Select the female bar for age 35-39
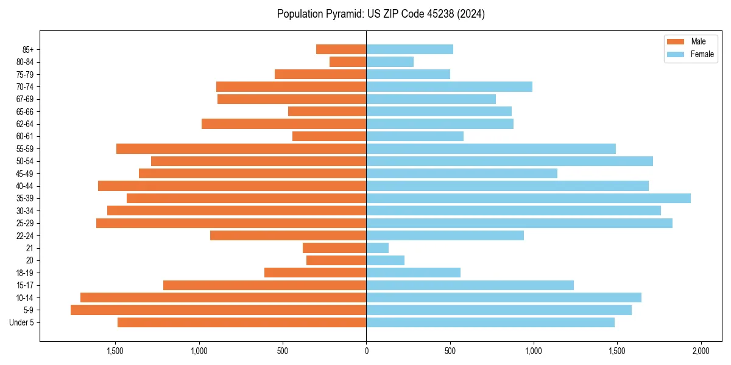pos(528,198)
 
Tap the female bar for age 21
pos(377,248)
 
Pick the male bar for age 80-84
pos(348,62)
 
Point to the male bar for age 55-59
pos(241,149)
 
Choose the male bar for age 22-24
pos(288,235)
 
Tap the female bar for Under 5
pos(490,322)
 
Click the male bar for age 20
pos(336,260)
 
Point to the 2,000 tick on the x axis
pos(701,352)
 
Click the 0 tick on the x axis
pos(366,352)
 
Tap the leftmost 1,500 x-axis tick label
pos(115,352)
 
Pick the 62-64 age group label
pos(24,124)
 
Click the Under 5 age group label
pos(22,322)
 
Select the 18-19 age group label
pos(24,273)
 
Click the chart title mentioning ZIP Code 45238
pos(381,14)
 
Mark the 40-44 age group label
pos(24,186)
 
